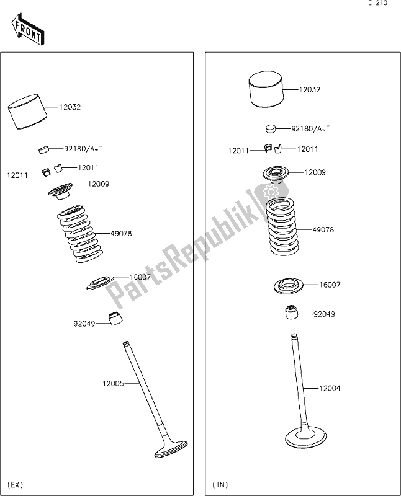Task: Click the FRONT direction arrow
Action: (27, 29)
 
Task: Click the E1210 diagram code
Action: (377, 4)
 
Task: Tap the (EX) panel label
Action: (16, 484)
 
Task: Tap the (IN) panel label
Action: (220, 484)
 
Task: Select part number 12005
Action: (113, 384)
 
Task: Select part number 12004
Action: (330, 388)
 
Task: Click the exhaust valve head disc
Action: (171, 450)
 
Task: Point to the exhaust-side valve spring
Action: (81, 234)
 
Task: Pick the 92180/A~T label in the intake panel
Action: (310, 129)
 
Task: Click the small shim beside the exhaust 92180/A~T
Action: (45, 149)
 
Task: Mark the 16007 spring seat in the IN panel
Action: (289, 286)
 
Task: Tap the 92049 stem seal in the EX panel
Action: (115, 318)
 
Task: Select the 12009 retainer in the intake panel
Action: (276, 175)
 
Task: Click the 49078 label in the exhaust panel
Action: (121, 234)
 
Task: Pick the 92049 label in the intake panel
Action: (325, 314)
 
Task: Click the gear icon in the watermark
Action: (270, 192)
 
